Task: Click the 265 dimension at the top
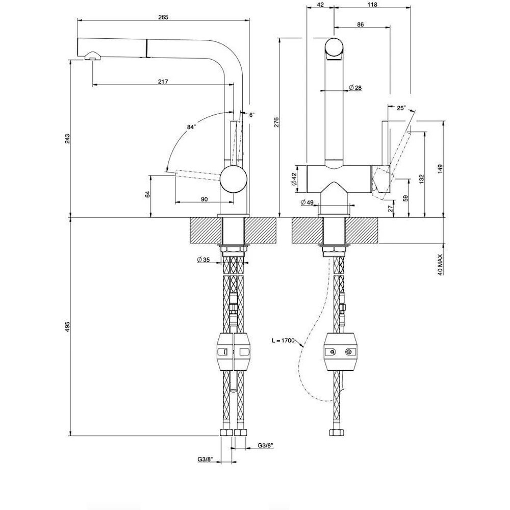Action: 163,17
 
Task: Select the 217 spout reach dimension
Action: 163,82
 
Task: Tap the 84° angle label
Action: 192,127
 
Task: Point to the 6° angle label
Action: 252,114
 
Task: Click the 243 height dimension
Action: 67,138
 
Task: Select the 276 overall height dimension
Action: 276,122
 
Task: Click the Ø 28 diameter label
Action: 355,88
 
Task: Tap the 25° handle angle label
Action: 402,108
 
